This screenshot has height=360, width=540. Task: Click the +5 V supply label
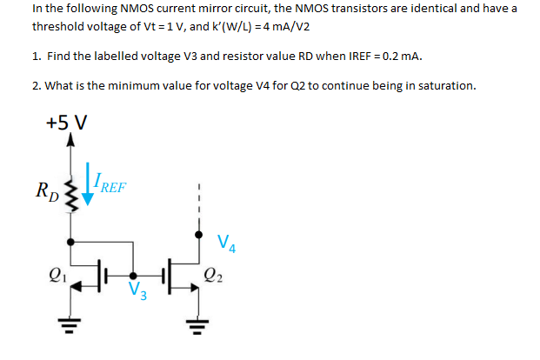pos(65,121)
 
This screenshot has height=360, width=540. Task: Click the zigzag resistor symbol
pos(70,190)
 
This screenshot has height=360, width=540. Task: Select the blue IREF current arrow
pos(87,186)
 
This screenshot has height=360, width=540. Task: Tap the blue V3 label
pos(137,291)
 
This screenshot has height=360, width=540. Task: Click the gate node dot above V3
pos(133,270)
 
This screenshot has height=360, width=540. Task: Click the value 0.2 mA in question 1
pos(400,57)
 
